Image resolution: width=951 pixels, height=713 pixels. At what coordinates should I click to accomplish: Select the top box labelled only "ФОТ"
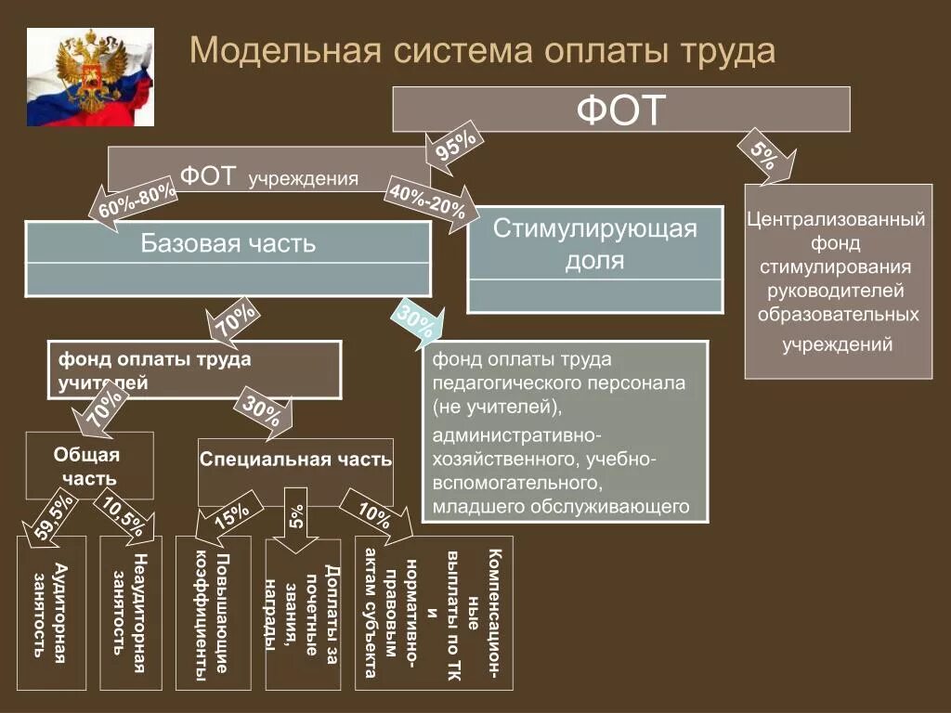pos(620,110)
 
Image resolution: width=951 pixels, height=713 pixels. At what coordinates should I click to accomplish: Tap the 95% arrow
pos(454,148)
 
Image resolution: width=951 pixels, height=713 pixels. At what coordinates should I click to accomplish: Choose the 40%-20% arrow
pos(430,197)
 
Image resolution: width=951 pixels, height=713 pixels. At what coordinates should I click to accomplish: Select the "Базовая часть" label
pos(228,244)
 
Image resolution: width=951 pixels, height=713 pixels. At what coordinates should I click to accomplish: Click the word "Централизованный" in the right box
pos(837,221)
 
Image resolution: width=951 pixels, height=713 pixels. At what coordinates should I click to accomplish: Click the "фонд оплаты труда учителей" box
pos(194,369)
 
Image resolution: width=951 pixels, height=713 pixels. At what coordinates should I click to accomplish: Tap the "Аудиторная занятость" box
pos(52,612)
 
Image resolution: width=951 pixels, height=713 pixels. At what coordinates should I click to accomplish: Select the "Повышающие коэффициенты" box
pos(213,614)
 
